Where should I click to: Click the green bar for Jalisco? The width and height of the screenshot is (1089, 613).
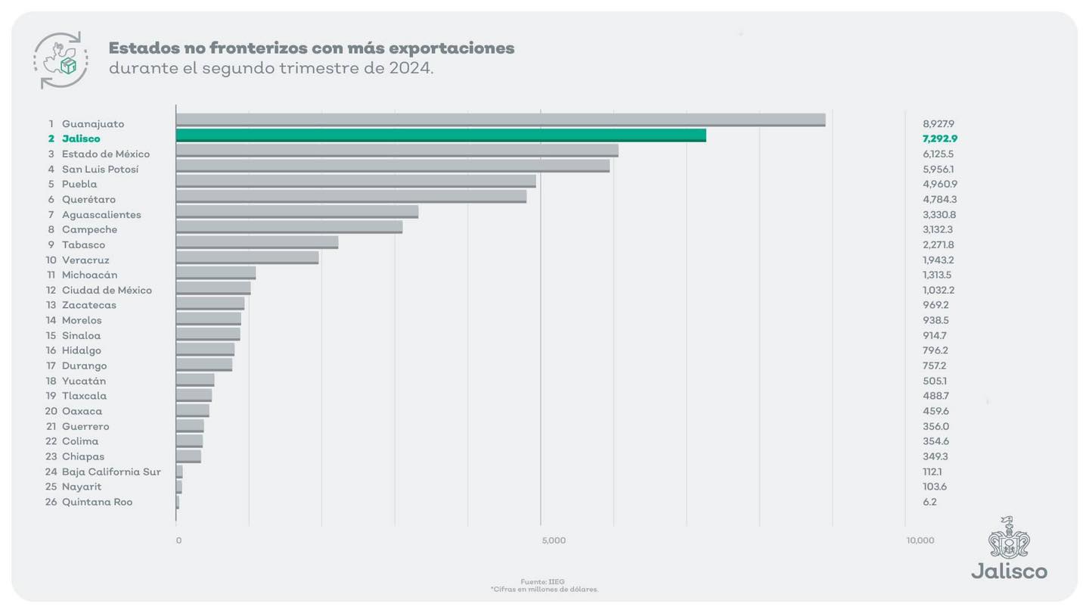[x=441, y=135]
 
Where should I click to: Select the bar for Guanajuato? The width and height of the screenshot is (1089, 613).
[x=500, y=120]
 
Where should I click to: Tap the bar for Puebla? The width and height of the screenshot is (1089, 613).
[x=355, y=181]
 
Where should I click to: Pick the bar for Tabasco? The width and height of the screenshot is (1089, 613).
[x=257, y=242]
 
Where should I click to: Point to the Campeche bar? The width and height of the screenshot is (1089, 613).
[x=289, y=227]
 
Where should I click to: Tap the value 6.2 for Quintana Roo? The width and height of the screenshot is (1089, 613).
[x=929, y=502]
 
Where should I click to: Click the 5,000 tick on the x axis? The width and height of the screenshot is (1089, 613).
[x=554, y=540]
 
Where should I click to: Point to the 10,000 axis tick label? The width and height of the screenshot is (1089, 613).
[x=920, y=540]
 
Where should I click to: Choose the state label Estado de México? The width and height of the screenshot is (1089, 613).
[x=106, y=154]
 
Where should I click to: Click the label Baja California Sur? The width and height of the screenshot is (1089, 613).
[x=111, y=471]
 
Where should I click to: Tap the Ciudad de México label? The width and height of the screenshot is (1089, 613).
[x=107, y=290]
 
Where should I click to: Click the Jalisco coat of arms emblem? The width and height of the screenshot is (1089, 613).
[x=1009, y=538]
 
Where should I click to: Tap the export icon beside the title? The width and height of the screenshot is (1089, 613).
[x=60, y=60]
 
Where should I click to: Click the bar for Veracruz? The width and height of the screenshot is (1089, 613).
[x=247, y=257]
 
